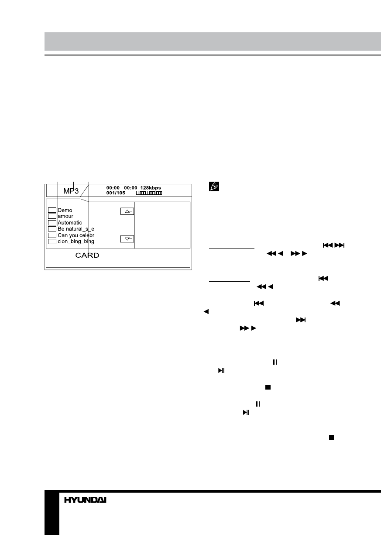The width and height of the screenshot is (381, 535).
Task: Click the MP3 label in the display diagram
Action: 71,191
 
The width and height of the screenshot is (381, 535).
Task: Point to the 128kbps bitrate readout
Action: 151,188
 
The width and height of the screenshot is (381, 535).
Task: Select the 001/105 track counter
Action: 116,193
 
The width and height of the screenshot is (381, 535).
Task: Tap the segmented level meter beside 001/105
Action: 149,193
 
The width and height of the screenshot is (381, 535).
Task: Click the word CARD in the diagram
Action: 87,255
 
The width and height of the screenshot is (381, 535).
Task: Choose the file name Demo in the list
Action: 65,210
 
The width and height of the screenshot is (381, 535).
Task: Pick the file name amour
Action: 65,216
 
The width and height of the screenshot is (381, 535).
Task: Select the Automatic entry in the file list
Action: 70,223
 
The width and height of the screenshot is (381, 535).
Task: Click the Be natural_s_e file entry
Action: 76,229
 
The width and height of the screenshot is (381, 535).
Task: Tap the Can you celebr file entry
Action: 76,235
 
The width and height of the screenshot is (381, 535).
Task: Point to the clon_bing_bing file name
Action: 76,242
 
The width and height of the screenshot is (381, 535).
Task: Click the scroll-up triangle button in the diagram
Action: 127,211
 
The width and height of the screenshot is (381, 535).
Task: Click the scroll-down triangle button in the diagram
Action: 127,239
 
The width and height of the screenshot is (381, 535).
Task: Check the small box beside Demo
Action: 52,210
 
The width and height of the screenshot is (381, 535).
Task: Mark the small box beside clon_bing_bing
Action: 52,242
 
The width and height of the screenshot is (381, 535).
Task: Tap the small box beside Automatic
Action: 52,223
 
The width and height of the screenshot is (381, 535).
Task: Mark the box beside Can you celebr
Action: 52,235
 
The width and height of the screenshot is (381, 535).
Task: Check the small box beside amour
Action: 52,216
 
